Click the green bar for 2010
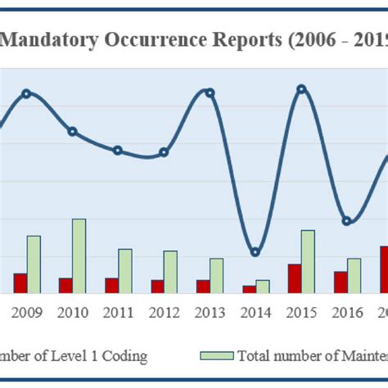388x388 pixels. pyautogui.click(x=79, y=255)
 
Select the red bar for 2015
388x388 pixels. pyautogui.click(x=294, y=278)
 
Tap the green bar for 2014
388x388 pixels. pyautogui.click(x=263, y=286)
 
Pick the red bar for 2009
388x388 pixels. pyautogui.click(x=20, y=282)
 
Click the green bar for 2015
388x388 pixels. pyautogui.click(x=308, y=261)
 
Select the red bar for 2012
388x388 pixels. pyautogui.click(x=156, y=286)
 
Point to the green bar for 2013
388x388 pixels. pyautogui.click(x=217, y=275)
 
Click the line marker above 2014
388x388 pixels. pyautogui.click(x=255, y=252)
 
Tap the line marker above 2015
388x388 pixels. pyautogui.click(x=301, y=88)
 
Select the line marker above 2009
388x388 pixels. pyautogui.click(x=26, y=93)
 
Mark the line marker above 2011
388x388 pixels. pyautogui.click(x=118, y=151)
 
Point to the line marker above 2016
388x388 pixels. pyautogui.click(x=347, y=221)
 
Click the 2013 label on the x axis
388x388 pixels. pyautogui.click(x=210, y=312)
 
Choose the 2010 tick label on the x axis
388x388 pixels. pyautogui.click(x=72, y=312)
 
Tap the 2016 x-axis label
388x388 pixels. pyautogui.click(x=347, y=312)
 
